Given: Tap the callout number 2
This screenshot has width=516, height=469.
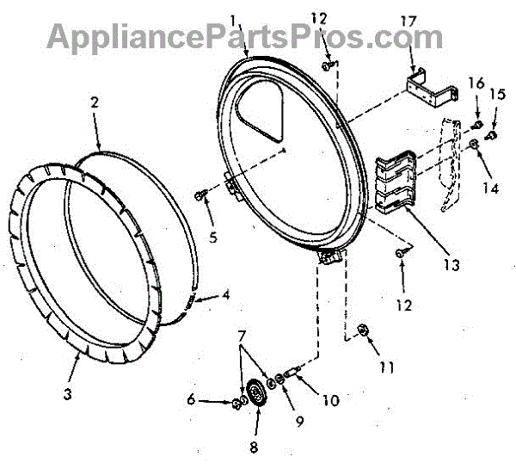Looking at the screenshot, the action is pyautogui.click(x=95, y=102).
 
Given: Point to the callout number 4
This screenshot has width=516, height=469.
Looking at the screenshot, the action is pyautogui.click(x=224, y=294).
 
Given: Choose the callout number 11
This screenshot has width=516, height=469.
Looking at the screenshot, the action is pyautogui.click(x=386, y=367).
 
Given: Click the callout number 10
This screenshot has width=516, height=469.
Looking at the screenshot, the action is pyautogui.click(x=329, y=400).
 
